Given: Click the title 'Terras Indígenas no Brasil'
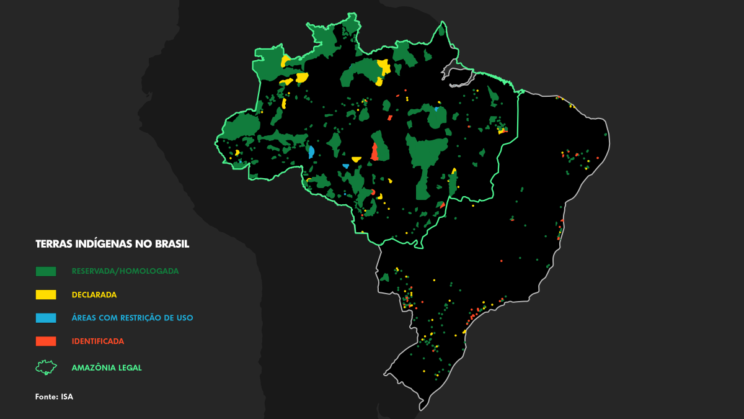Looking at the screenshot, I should [x=112, y=244].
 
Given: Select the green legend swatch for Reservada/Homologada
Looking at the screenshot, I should [x=46, y=271].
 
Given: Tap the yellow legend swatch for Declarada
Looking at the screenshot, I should [x=46, y=295].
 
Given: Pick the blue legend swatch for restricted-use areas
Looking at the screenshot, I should [x=46, y=318].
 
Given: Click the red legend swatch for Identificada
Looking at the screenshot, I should [x=46, y=341].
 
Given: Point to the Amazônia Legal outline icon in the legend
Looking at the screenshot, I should [x=46, y=367].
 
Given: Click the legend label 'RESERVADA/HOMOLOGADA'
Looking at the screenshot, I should [x=125, y=271].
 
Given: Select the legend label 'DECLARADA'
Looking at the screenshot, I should [x=94, y=295].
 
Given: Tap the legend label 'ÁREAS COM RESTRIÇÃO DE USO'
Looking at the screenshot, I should [x=132, y=318].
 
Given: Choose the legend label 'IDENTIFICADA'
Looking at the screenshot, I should [x=98, y=341].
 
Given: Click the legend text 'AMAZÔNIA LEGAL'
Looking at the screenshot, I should [x=107, y=367].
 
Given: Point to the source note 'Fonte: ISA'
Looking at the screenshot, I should [x=54, y=397].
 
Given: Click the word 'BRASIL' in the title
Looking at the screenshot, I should [x=170, y=244].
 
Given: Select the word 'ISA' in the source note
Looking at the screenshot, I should [x=67, y=397].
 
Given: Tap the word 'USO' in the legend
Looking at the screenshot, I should [x=184, y=318].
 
